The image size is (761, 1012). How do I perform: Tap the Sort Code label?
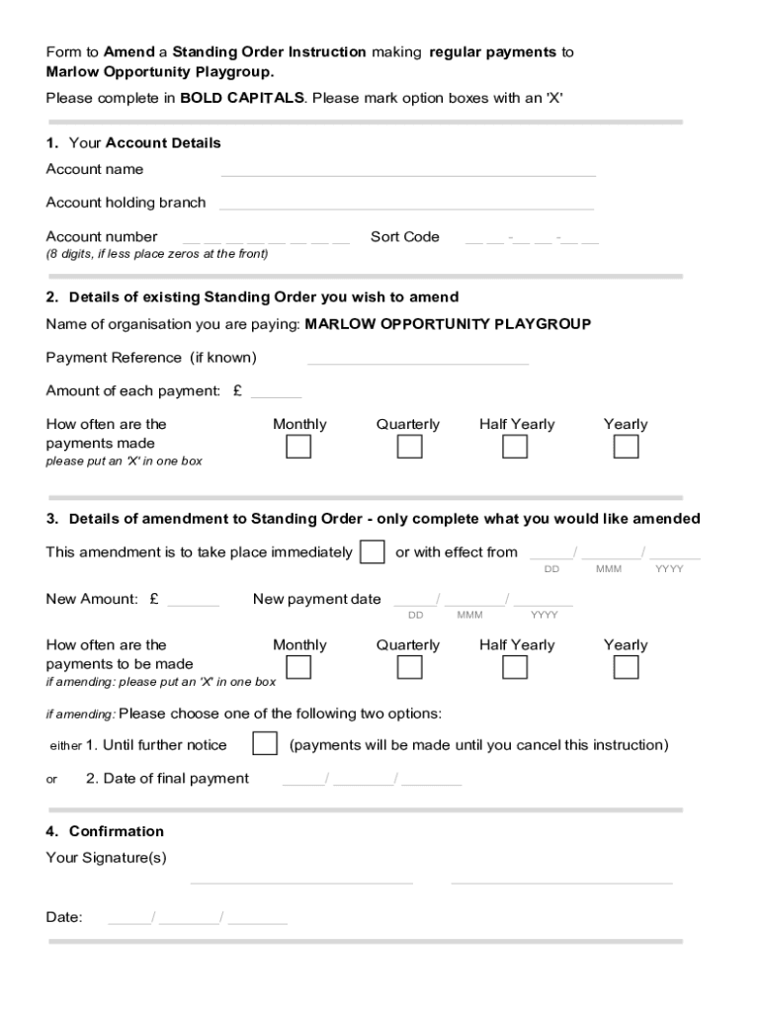(x=404, y=237)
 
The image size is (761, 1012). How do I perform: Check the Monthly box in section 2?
(x=298, y=448)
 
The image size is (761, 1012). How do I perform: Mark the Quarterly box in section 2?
(x=409, y=448)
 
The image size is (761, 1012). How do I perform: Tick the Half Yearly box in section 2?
(x=515, y=448)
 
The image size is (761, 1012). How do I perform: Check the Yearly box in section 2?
(x=626, y=448)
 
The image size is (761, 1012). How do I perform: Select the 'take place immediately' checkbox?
(x=373, y=552)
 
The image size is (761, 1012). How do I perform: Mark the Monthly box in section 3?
(x=298, y=668)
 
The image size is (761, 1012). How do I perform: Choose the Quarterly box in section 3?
(x=409, y=668)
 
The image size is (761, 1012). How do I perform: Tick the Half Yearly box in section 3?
(x=515, y=668)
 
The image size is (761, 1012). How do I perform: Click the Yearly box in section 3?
(x=626, y=668)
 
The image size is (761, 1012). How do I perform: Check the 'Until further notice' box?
(x=265, y=744)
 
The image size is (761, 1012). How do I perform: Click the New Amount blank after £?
(x=194, y=602)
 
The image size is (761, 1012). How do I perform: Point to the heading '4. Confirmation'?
(x=105, y=831)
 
